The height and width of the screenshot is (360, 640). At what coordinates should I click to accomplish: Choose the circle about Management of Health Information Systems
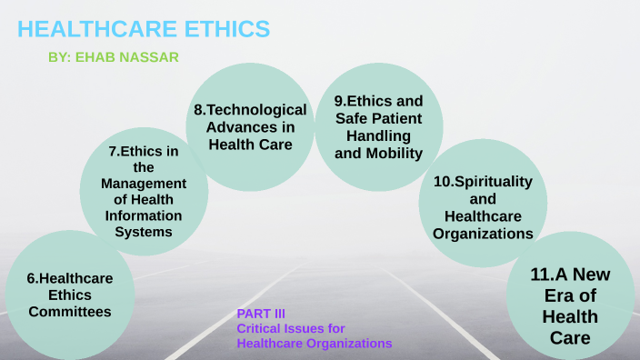point(144,191)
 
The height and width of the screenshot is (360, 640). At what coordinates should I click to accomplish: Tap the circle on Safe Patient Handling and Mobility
point(378,127)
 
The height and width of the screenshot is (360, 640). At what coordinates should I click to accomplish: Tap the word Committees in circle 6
point(70,312)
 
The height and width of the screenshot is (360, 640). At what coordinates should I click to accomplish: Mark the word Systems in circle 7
point(144,232)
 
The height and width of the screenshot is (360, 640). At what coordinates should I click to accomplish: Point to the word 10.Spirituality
point(483,181)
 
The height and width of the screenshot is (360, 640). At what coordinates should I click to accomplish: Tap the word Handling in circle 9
point(378,135)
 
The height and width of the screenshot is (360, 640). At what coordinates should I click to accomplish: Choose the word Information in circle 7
point(144,215)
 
